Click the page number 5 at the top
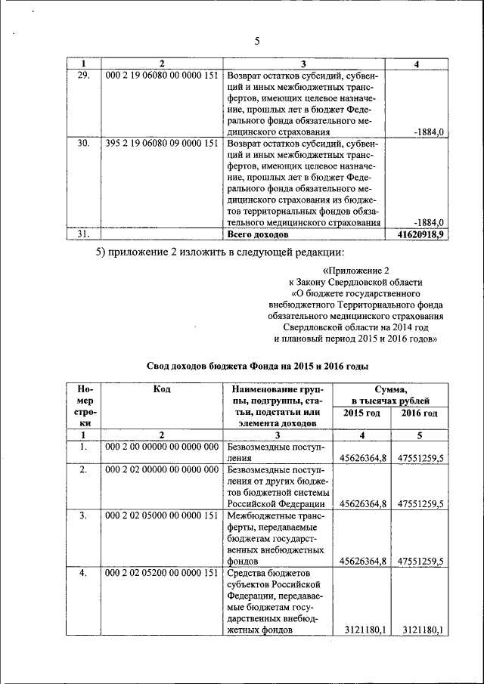click(256, 42)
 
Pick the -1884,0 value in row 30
click(429, 222)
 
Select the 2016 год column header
click(419, 413)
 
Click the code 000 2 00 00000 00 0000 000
click(161, 448)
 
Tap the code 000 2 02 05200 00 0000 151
click(161, 575)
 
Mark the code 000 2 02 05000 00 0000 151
click(161, 515)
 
